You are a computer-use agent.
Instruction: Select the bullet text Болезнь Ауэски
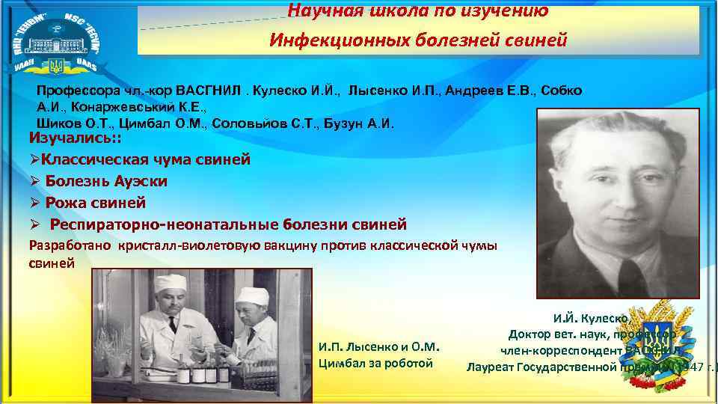tap(105, 181)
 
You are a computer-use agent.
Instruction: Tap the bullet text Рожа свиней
tap(95, 203)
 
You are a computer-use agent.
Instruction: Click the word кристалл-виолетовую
tap(195, 245)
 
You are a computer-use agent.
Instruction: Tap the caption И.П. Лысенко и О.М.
tap(378, 346)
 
